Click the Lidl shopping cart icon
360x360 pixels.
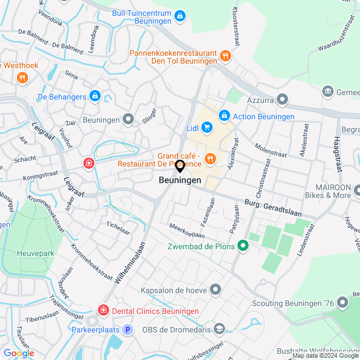pyautogui.click(x=207, y=128)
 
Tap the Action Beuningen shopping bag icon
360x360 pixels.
pyautogui.click(x=224, y=116)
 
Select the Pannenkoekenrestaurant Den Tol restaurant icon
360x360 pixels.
pyautogui.click(x=225, y=55)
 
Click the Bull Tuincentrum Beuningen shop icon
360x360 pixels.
pyautogui.click(x=179, y=16)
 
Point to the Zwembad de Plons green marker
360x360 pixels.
pyautogui.click(x=243, y=245)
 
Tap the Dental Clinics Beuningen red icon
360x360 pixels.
pyautogui.click(x=103, y=310)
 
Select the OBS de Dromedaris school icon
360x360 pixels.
pyautogui.click(x=219, y=328)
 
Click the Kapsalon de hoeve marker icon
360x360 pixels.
pyautogui.click(x=215, y=290)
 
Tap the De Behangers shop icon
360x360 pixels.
pyautogui.click(x=94, y=97)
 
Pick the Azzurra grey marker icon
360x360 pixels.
pyautogui.click(x=282, y=100)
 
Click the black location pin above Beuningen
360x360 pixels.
pyautogui.click(x=180, y=166)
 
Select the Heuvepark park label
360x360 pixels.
pyautogui.click(x=35, y=253)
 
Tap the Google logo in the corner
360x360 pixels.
pyautogui.click(x=18, y=353)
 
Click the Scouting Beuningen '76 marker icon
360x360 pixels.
pyautogui.click(x=342, y=302)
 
